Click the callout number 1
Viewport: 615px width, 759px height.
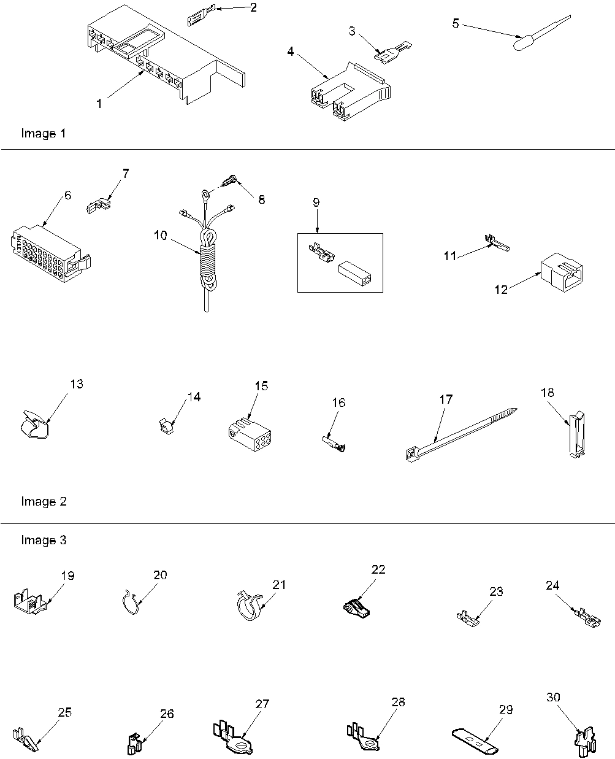tap(99, 104)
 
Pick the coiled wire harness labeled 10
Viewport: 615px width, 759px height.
tap(206, 258)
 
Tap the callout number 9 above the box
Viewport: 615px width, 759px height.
tap(316, 202)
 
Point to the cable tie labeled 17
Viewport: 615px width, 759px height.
tap(460, 434)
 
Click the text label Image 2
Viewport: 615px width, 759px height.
tap(44, 501)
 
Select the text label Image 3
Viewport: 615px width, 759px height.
tap(44, 540)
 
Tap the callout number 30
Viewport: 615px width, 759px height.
tap(553, 698)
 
